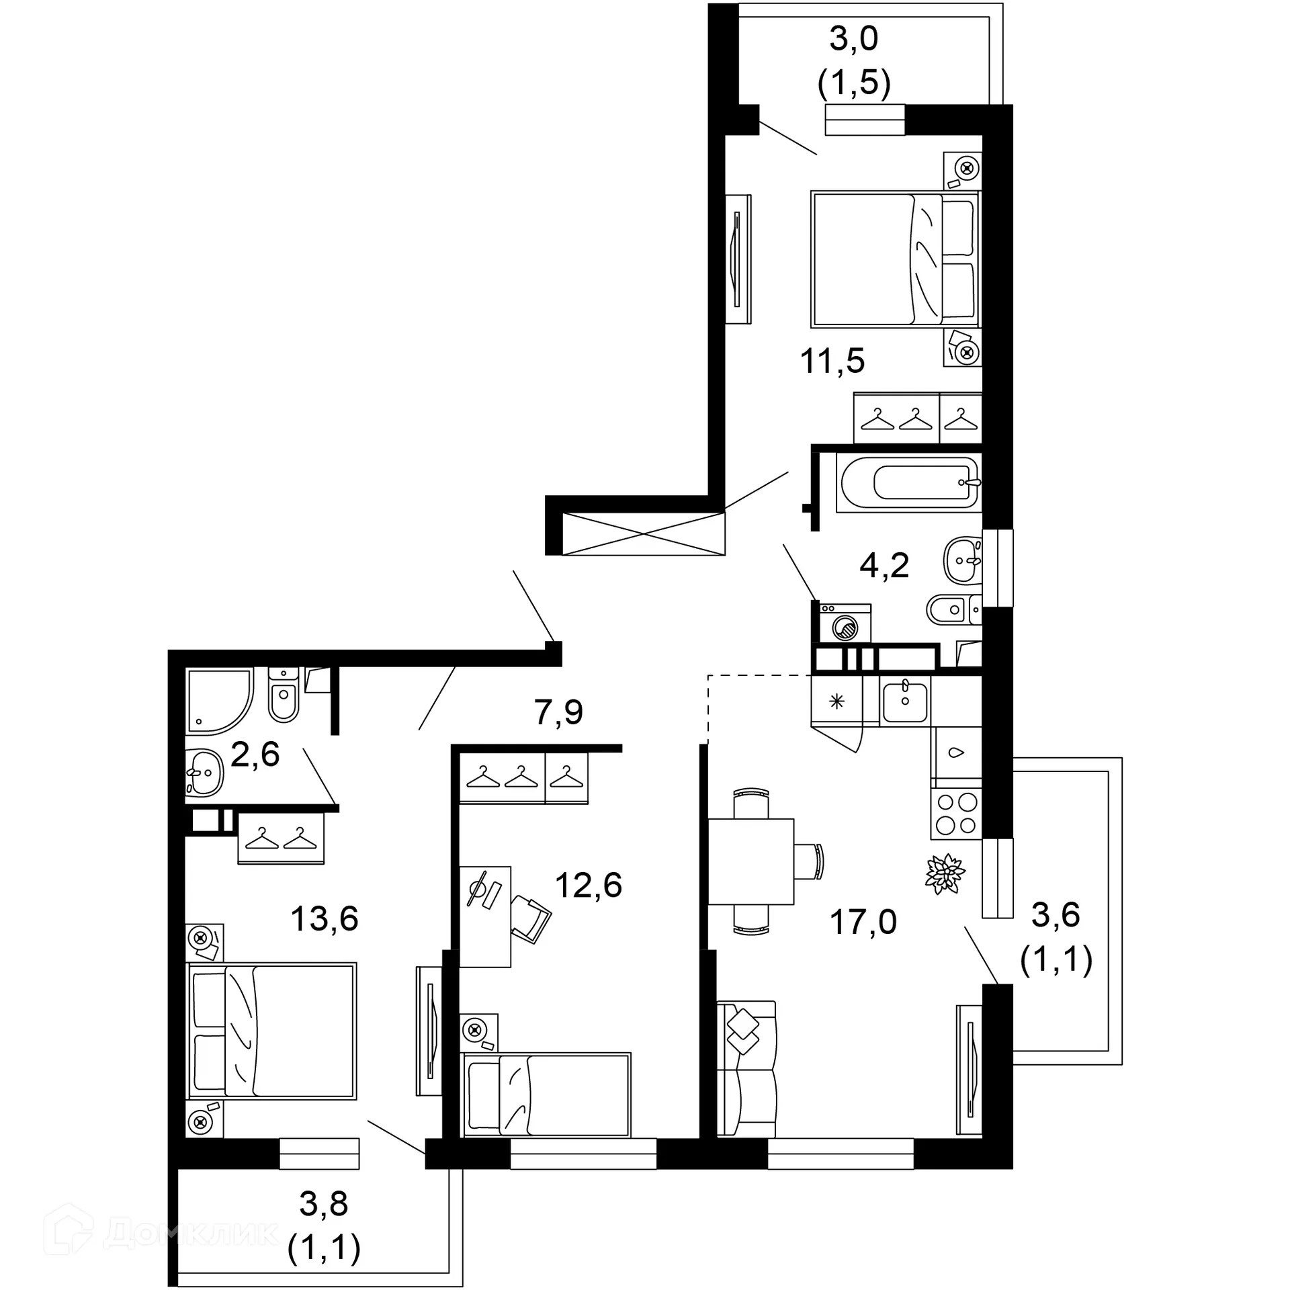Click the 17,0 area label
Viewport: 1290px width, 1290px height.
coord(863,922)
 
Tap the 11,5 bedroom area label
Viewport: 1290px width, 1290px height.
coord(832,361)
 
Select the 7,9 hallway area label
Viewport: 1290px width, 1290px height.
coord(558,712)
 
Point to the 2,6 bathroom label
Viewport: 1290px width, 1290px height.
coord(255,755)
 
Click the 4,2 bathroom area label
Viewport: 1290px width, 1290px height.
coord(884,565)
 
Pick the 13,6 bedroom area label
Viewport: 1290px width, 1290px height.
coord(325,918)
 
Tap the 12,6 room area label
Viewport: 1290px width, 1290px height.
coord(589,885)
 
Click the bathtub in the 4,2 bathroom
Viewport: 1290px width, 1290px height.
coord(908,482)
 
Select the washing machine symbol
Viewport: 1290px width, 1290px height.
coord(845,623)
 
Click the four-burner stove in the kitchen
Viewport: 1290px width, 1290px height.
coord(956,814)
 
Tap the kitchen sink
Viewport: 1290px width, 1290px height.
coord(905,701)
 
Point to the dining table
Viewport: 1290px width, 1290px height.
coord(751,861)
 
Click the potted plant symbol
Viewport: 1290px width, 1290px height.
coord(945,873)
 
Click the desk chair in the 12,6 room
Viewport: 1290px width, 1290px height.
coord(531,917)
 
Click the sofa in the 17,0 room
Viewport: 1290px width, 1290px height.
coord(746,1068)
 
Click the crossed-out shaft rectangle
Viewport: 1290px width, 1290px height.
coord(643,534)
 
